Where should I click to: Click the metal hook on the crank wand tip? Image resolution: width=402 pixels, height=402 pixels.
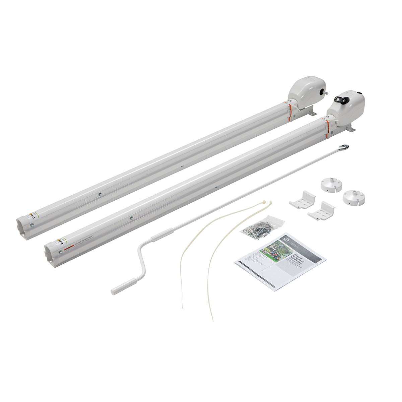pos(344,147)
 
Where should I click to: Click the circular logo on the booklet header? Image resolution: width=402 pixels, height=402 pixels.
pos(287,238)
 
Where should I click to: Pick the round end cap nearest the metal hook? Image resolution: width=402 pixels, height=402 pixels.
pos(331,184)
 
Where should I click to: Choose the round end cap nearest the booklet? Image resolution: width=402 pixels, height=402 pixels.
pos(353,198)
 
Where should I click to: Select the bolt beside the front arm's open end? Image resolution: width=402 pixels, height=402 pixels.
pos(60,252)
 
